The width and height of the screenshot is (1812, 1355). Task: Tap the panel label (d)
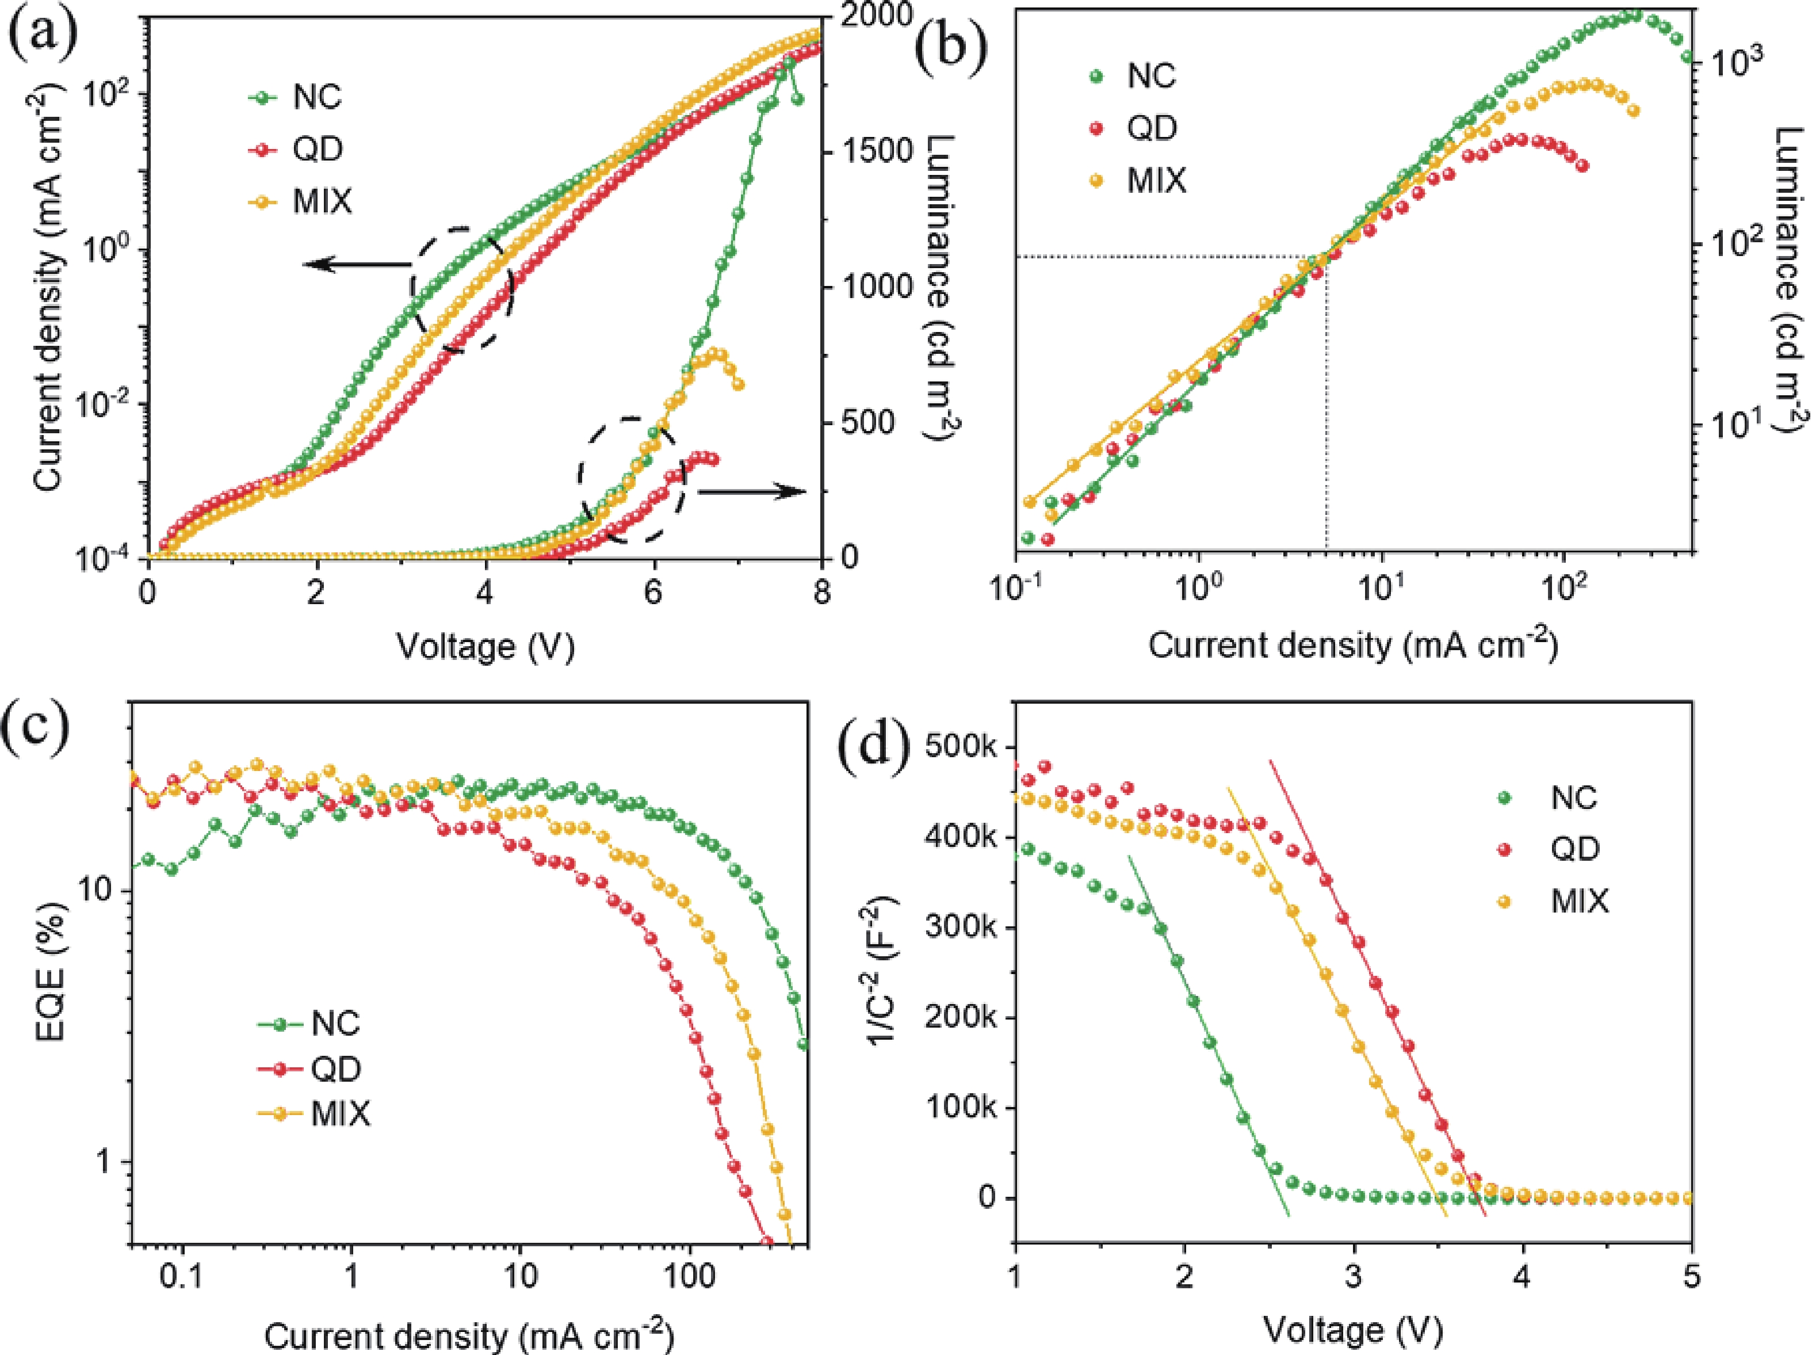click(x=875, y=747)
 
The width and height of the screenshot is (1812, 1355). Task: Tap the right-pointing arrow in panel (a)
click(x=752, y=491)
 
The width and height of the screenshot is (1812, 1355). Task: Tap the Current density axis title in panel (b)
click(x=1352, y=646)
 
